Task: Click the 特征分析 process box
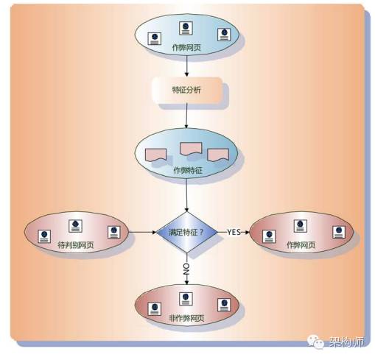[187, 90]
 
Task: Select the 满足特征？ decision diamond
[187, 232]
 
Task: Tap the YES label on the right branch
[234, 232]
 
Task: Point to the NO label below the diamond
[186, 269]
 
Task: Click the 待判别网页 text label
[76, 244]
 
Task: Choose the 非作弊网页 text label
[186, 318]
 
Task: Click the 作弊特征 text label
[188, 170]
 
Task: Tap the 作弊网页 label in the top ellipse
[186, 47]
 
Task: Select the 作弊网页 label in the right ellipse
[301, 244]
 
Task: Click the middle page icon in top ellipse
[186, 28]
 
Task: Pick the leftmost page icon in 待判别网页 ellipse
[44, 236]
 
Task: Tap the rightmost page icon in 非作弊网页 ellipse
[224, 305]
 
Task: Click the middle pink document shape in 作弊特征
[191, 149]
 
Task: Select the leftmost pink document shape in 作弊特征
[156, 155]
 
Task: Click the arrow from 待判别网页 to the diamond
[143, 232]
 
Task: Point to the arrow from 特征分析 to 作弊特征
[186, 116]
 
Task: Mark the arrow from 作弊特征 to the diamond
[186, 195]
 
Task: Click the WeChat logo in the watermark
[315, 342]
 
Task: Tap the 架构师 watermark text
[346, 342]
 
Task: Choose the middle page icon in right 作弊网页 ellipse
[301, 226]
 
